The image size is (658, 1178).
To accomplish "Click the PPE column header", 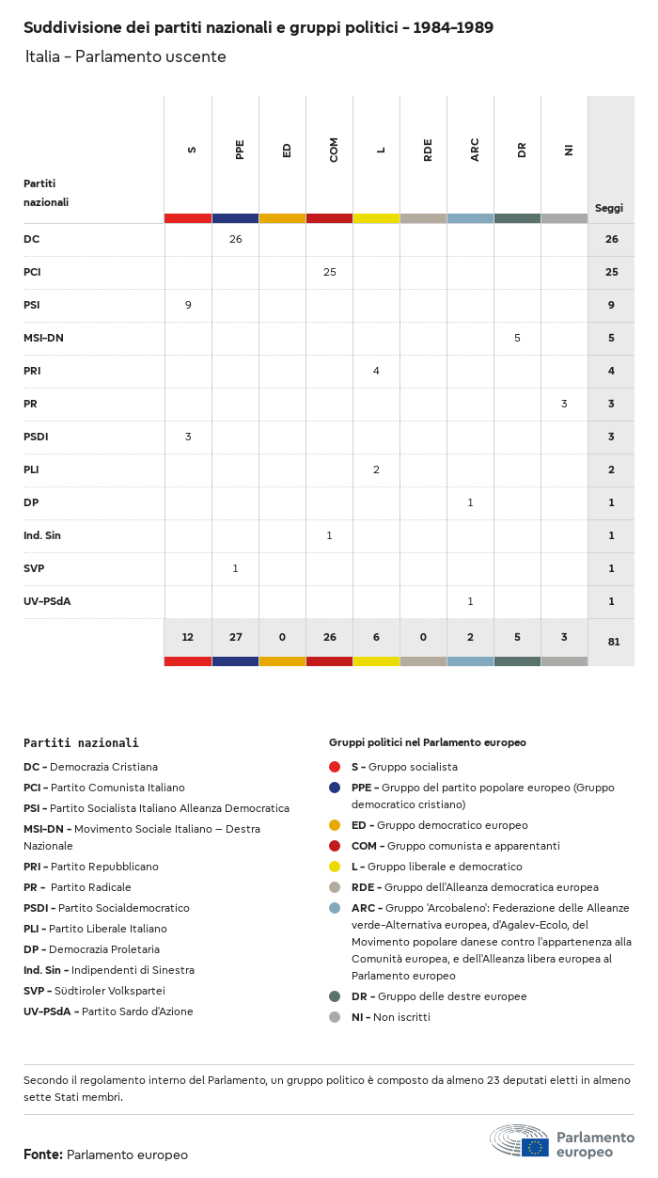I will coord(240,149).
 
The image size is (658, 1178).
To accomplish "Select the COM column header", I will coord(334,149).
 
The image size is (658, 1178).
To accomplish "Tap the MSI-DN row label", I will coord(43,338).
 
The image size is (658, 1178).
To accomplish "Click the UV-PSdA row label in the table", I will coord(48,601).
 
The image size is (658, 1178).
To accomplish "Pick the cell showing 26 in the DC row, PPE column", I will coord(235,239).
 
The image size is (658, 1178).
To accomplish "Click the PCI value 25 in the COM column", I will coord(329,272).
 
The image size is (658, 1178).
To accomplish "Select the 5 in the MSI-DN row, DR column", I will coord(517,338).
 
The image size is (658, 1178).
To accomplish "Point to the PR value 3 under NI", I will coord(564,404).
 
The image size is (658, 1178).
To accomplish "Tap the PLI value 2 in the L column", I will coord(376,470).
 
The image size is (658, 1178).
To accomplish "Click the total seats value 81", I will coord(611,642).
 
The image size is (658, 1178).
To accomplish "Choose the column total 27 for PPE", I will coord(235,637).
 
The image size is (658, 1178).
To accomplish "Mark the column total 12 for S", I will coord(188,637).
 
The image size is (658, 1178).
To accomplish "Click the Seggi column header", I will coord(609,208).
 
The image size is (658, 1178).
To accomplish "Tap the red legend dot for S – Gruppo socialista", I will coord(335,767).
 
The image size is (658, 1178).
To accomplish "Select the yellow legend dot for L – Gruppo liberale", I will coord(335,867).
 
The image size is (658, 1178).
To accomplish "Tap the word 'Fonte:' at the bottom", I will coord(43,1154).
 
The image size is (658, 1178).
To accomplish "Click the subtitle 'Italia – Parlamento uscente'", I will coord(126,56).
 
